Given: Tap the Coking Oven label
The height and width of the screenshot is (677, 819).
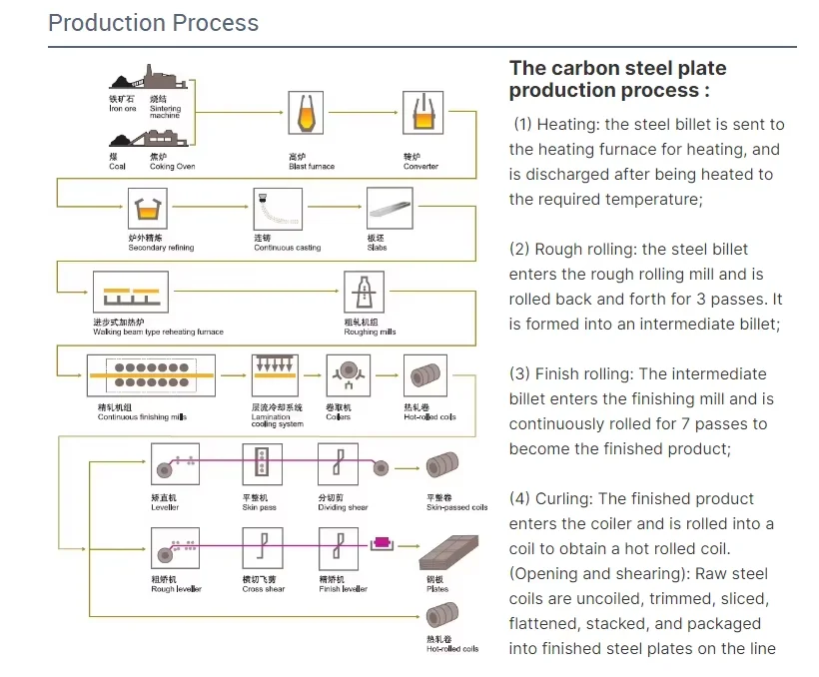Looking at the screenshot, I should point(172,167).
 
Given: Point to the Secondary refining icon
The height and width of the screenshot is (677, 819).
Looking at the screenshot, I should point(151,210).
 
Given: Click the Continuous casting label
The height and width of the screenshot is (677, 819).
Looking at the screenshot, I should point(287,248).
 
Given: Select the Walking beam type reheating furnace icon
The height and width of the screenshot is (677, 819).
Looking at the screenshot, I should point(132,295).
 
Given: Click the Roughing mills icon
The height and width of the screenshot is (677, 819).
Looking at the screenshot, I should point(362,294).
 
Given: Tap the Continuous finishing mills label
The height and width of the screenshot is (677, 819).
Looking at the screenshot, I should point(141,417).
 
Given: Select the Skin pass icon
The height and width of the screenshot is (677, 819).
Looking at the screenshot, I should point(263,464).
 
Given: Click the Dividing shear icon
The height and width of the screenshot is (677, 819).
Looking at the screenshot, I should point(337,464).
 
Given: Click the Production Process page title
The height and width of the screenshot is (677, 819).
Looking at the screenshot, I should point(153,23).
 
